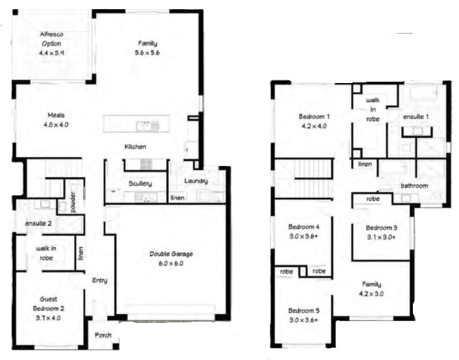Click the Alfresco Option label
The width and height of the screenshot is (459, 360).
click(x=51, y=39)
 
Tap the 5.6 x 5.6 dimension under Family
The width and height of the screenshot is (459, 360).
click(x=147, y=53)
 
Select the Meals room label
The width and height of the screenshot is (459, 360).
click(x=56, y=115)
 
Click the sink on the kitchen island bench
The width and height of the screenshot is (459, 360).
click(x=147, y=126)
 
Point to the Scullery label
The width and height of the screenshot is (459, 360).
click(x=140, y=184)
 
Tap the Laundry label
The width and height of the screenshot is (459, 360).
click(x=196, y=181)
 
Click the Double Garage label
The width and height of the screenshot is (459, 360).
click(x=171, y=254)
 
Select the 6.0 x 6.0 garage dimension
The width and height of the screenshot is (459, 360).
click(x=171, y=263)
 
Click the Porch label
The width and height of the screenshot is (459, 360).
click(x=103, y=335)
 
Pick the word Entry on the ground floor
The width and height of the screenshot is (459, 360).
click(x=99, y=280)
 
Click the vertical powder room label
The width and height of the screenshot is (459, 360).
click(x=73, y=202)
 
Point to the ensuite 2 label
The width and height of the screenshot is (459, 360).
click(x=38, y=223)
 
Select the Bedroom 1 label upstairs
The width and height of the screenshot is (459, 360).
click(x=314, y=117)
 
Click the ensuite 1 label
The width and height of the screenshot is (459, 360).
click(x=416, y=117)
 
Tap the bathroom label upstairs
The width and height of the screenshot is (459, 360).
click(x=414, y=186)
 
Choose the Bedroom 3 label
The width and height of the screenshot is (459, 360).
click(x=382, y=228)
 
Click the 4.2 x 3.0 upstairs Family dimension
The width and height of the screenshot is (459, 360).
click(x=371, y=294)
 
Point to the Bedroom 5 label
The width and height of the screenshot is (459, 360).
click(x=304, y=311)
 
